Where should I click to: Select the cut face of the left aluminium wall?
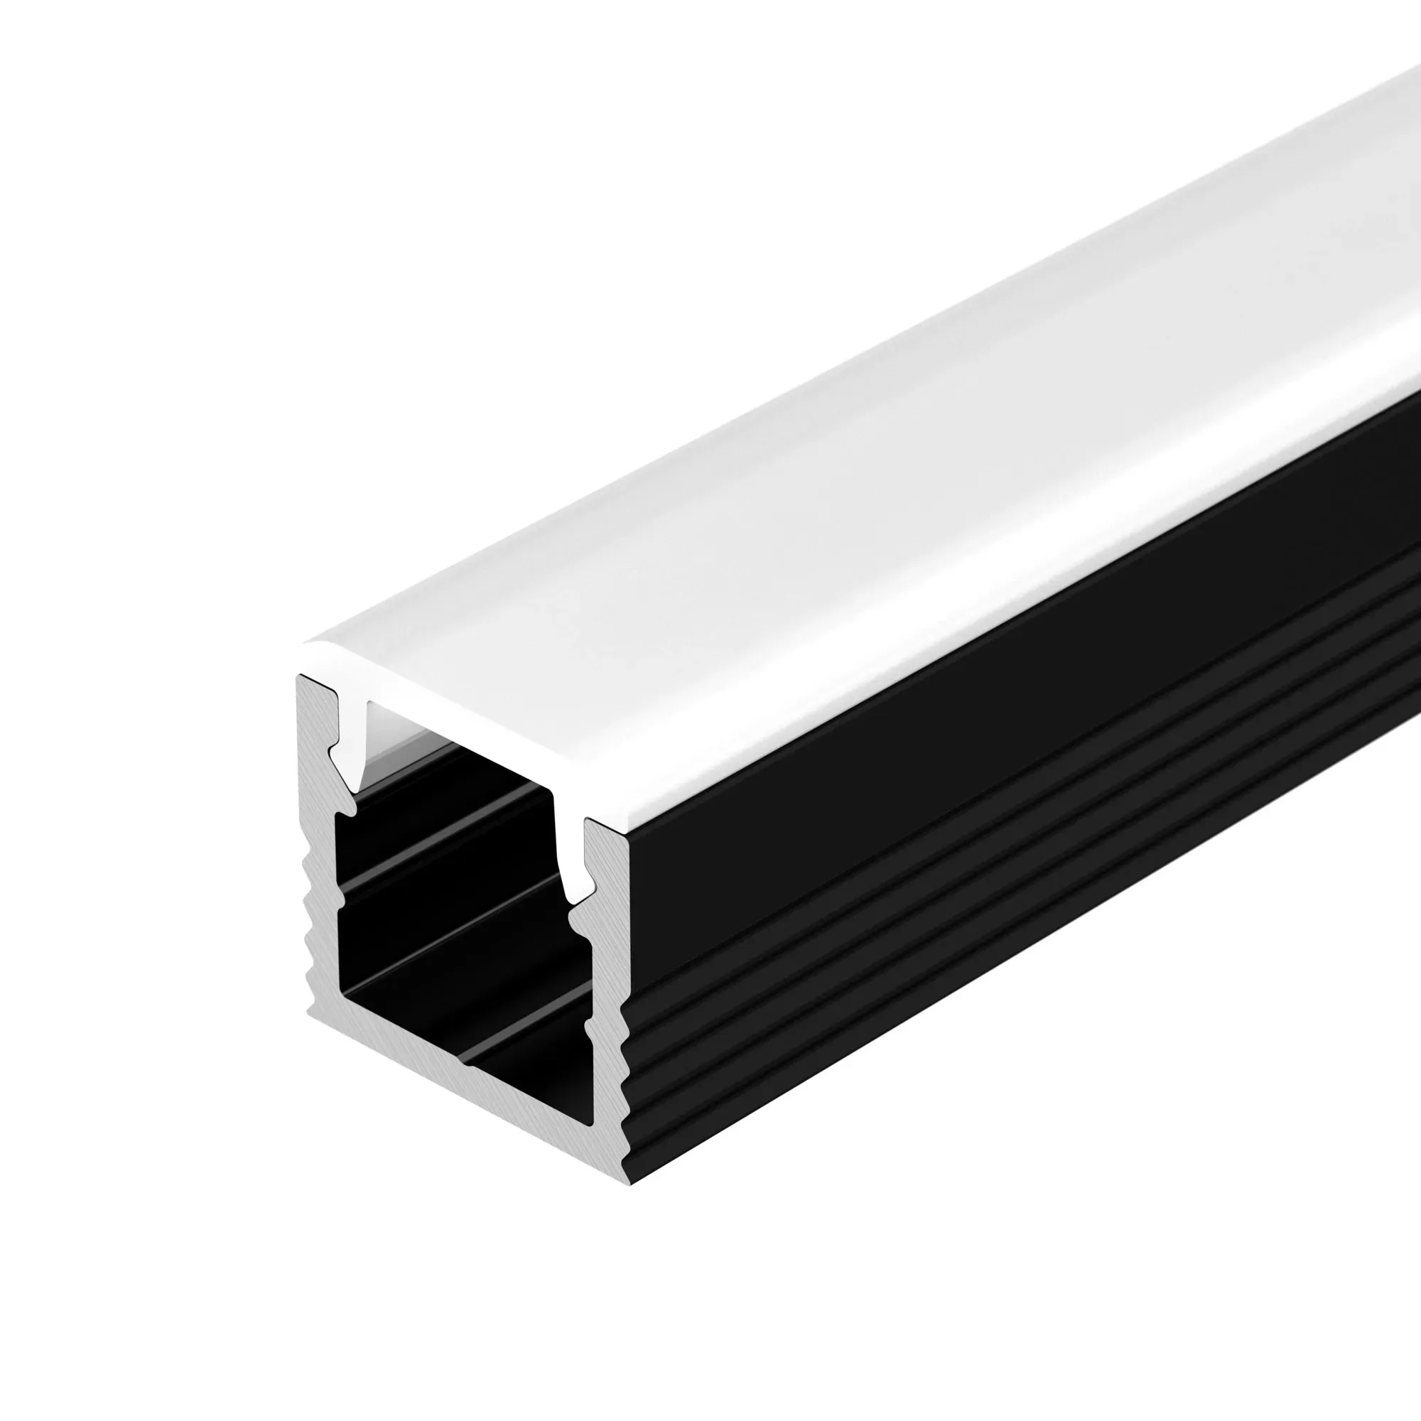[x=320, y=868]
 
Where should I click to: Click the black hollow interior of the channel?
[x=456, y=919]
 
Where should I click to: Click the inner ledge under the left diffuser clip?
[x=346, y=809]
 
